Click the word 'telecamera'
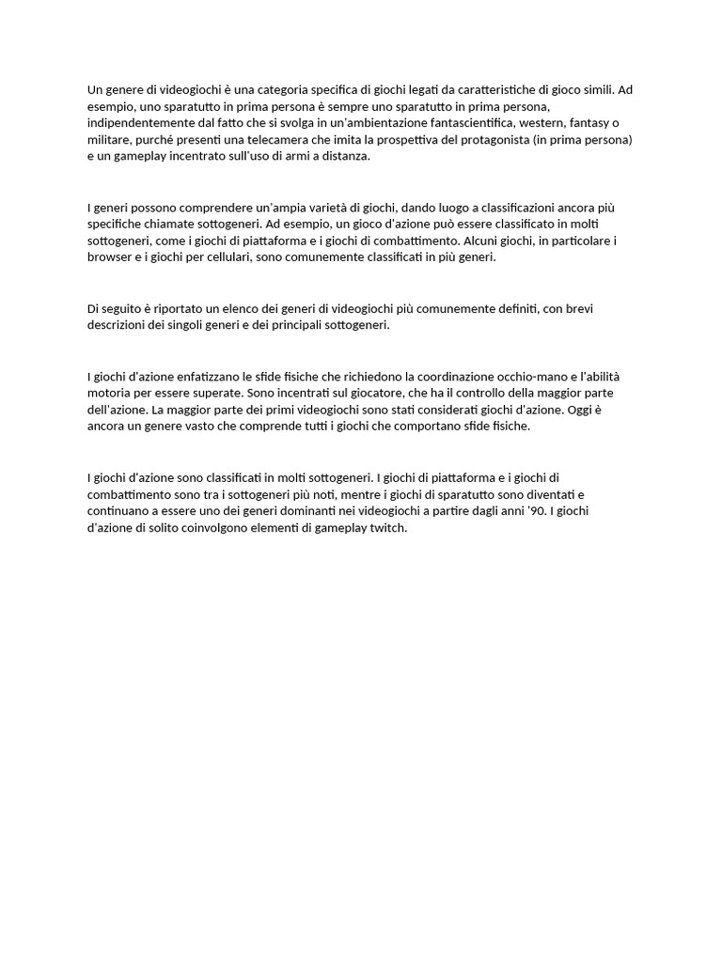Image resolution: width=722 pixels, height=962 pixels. point(306,140)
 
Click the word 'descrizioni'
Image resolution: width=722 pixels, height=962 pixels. point(119,325)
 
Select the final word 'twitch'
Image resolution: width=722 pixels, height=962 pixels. point(387,528)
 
